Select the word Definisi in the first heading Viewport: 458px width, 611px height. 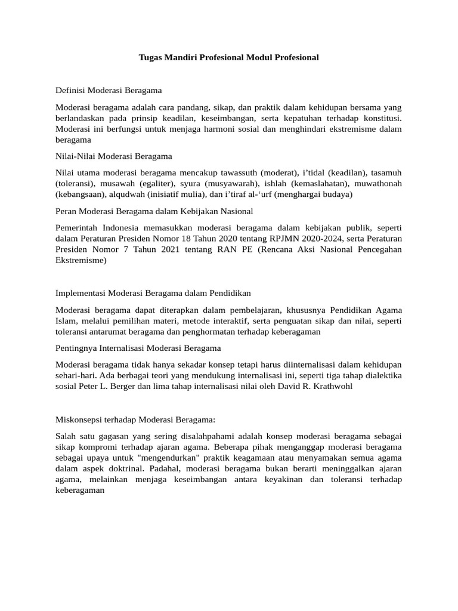(x=71, y=91)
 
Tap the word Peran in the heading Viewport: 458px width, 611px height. (x=66, y=211)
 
